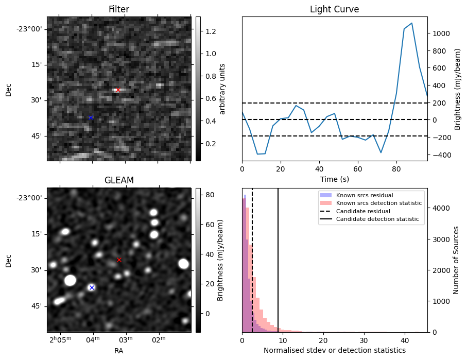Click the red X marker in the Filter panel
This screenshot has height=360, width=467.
[118, 90]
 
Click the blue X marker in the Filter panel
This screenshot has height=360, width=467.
[91, 118]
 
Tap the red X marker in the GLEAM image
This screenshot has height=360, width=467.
[119, 260]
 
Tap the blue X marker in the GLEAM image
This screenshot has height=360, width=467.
[92, 287]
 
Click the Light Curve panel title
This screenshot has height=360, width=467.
[335, 9]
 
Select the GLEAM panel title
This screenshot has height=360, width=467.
[119, 180]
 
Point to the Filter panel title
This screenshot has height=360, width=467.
[119, 9]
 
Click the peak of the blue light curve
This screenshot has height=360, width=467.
[411, 23]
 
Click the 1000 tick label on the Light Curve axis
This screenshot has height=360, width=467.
[442, 33]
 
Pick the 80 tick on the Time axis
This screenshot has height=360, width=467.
[396, 169]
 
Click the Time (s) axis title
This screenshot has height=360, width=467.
[335, 179]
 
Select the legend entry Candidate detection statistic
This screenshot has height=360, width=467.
[377, 219]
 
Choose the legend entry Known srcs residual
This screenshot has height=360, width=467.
[365, 195]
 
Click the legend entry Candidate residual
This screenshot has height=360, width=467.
[363, 211]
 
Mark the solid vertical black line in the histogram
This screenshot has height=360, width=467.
[278, 260]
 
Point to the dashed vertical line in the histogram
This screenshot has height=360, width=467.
[252, 260]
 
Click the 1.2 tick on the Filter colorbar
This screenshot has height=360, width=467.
[211, 31]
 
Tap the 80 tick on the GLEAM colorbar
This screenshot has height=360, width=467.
[210, 195]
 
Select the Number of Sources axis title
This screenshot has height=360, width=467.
[456, 260]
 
